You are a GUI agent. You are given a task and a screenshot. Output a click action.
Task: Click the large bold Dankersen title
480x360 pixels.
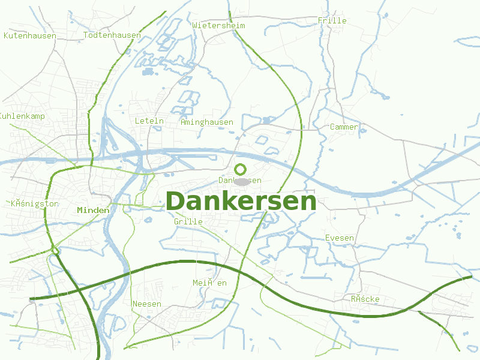pos(241,202)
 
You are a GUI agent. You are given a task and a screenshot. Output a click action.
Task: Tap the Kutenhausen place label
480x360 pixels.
pos(30,36)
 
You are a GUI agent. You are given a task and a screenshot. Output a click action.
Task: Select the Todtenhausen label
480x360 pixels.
pos(112,35)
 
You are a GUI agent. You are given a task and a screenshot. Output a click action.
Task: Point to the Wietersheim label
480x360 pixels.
pos(219,26)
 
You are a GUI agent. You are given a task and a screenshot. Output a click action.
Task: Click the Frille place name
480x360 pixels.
pos(332,21)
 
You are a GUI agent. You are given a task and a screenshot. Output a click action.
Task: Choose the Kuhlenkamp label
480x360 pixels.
pos(22,116)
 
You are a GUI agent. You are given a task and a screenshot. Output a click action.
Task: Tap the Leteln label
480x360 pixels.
pos(149,121)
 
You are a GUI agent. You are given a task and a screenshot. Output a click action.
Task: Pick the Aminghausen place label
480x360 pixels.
pos(207,122)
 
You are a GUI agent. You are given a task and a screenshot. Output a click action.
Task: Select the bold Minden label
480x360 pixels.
pos(93,211)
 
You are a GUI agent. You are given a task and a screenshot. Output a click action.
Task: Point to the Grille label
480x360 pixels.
pos(188,222)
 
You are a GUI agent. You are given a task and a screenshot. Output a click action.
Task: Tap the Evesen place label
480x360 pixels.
pos(340,238)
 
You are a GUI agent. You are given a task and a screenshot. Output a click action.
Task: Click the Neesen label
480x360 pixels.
pos(147,304)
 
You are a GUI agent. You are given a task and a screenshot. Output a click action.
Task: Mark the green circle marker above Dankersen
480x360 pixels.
pos(241,169)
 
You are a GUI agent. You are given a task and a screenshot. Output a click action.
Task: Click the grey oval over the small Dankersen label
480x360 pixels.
pos(242,181)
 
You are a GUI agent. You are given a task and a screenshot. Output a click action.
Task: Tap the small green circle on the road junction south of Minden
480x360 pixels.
pos(55,251)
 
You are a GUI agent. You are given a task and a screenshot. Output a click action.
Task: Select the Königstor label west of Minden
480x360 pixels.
pos(35,204)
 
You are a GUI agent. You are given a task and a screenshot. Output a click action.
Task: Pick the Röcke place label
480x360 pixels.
pos(365,299)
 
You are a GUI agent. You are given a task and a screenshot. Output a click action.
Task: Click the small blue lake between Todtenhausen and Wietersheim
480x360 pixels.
pos(148,72)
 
